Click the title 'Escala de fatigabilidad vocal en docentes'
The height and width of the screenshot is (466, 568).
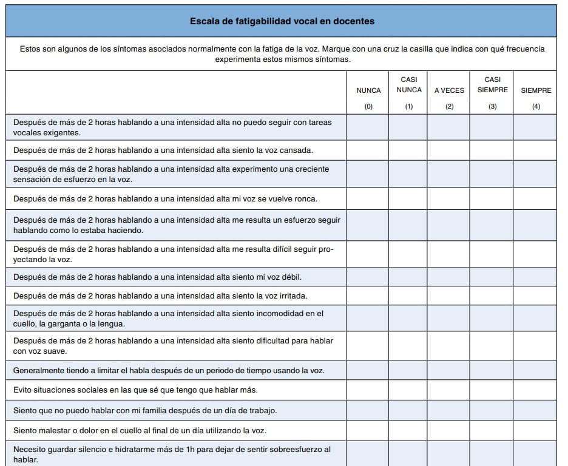(282, 21)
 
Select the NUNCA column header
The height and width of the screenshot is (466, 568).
(368, 90)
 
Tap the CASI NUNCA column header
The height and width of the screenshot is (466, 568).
(409, 85)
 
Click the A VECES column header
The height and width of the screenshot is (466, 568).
(449, 90)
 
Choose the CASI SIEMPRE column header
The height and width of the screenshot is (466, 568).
(492, 85)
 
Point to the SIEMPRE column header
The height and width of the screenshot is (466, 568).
(536, 90)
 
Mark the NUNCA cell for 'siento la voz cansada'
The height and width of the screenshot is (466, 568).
(368, 150)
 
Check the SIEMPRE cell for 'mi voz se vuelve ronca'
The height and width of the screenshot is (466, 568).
(535, 198)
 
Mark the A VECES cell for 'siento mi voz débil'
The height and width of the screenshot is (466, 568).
(448, 277)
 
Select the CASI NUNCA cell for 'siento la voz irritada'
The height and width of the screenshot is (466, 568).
(408, 296)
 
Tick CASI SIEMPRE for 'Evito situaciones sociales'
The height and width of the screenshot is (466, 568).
(492, 390)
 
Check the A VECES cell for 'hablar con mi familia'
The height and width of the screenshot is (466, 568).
(448, 410)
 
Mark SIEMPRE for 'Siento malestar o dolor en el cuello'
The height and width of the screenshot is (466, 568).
(535, 431)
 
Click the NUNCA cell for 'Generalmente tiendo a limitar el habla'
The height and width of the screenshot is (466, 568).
(368, 370)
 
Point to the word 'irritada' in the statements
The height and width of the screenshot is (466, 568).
(292, 296)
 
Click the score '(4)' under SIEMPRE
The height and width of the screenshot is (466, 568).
(536, 107)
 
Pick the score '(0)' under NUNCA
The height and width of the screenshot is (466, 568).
(368, 107)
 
